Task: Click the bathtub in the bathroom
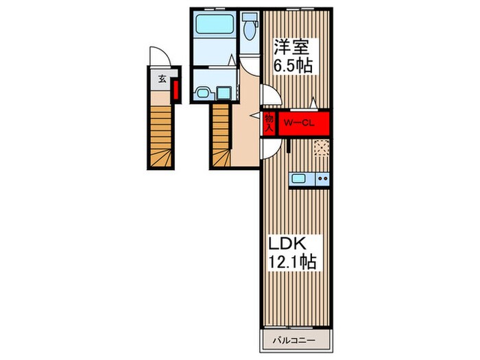[x=215, y=24]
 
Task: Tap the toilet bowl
[x=250, y=31]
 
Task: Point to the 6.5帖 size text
[x=293, y=66]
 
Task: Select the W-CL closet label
[x=299, y=123]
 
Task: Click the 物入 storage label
[x=269, y=123]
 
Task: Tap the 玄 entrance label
[x=163, y=80]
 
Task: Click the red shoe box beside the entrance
[x=176, y=90]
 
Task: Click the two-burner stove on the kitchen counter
[x=323, y=178]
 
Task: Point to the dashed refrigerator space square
[x=322, y=148]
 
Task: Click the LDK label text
[x=287, y=244]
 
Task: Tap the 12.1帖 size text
[x=292, y=262]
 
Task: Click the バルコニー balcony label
[x=294, y=340]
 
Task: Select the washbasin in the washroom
[x=202, y=93]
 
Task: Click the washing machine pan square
[x=224, y=93]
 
